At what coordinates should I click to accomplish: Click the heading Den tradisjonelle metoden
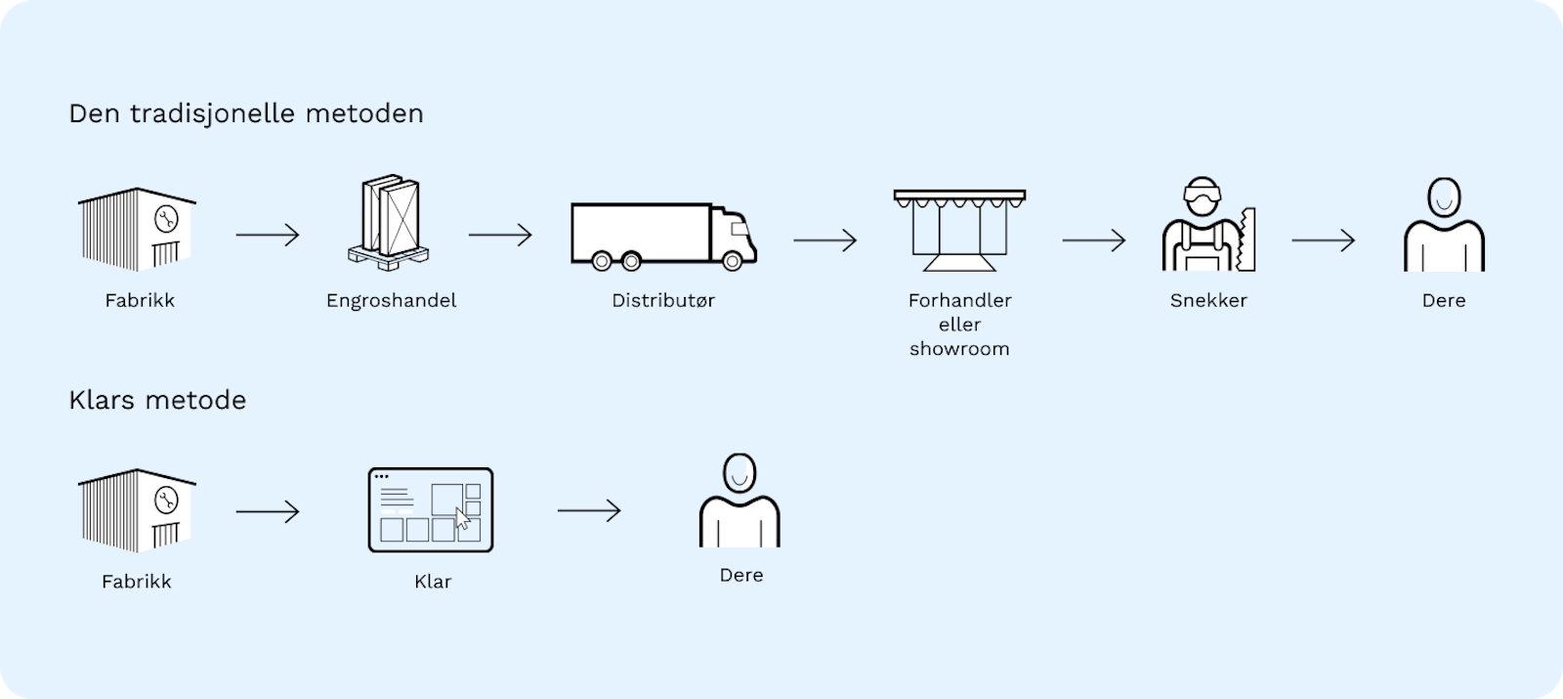pyautogui.click(x=245, y=113)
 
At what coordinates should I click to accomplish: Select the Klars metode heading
pyautogui.click(x=157, y=400)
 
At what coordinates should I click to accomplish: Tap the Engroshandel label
pyautogui.click(x=392, y=301)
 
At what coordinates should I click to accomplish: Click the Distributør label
pyautogui.click(x=663, y=300)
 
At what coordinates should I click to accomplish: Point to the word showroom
pyautogui.click(x=959, y=348)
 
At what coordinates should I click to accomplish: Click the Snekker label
pyautogui.click(x=1208, y=300)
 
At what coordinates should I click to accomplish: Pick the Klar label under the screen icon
pyautogui.click(x=433, y=582)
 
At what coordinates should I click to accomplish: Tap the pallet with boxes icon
pyautogui.click(x=389, y=222)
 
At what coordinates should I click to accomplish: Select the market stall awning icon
pyautogui.click(x=959, y=230)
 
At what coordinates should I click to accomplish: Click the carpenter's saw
pyautogui.click(x=1246, y=239)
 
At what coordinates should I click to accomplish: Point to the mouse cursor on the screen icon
pyautogui.click(x=463, y=519)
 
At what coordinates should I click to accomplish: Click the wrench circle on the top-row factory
pyautogui.click(x=166, y=219)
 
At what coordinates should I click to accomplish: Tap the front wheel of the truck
pyautogui.click(x=732, y=261)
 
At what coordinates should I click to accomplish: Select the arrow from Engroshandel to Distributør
pyautogui.click(x=500, y=235)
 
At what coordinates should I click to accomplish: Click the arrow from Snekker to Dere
pyautogui.click(x=1323, y=240)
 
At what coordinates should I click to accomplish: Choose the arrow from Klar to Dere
pyautogui.click(x=589, y=510)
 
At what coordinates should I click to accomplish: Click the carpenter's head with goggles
pyautogui.click(x=1203, y=197)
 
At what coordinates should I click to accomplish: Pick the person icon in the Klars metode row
pyautogui.click(x=739, y=500)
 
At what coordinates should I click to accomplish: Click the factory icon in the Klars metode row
pyautogui.click(x=137, y=510)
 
